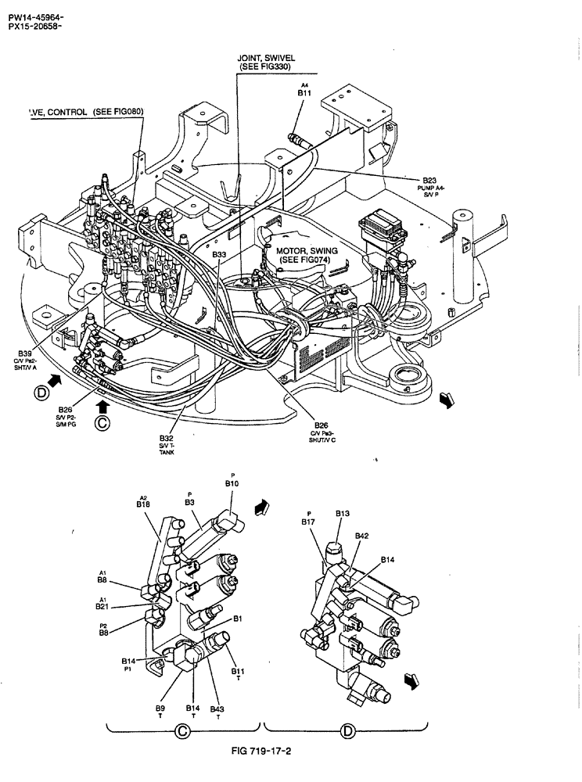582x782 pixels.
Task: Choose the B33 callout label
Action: pos(220,254)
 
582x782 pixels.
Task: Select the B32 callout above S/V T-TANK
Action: pos(166,439)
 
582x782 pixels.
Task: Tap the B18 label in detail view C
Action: pos(143,505)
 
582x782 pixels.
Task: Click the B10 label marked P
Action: pos(232,485)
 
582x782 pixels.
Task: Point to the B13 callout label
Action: pos(342,514)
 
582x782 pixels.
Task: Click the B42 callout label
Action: pos(361,536)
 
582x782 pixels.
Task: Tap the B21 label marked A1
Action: pos(102,606)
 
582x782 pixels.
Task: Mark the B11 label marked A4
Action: pos(305,92)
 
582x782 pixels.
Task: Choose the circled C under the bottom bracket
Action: pos(182,732)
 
